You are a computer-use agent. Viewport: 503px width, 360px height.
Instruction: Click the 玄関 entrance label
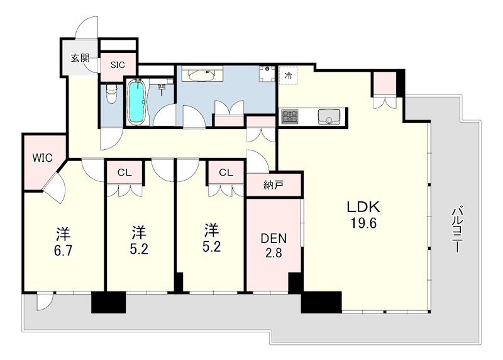click(x=80, y=59)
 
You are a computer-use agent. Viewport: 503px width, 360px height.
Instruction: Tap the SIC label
click(x=118, y=65)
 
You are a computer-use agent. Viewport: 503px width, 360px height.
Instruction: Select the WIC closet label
click(x=42, y=158)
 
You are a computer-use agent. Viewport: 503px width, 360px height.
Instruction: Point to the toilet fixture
click(x=111, y=93)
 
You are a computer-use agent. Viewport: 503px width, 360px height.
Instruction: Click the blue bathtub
click(x=136, y=102)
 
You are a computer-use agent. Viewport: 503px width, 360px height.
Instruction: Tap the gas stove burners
click(x=290, y=116)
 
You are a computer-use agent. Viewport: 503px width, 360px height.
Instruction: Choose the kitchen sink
click(x=329, y=116)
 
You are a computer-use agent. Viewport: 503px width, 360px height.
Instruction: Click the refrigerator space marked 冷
click(x=288, y=76)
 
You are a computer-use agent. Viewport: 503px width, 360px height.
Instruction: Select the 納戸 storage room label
click(x=274, y=185)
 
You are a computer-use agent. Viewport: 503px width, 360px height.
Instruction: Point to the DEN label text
click(x=274, y=239)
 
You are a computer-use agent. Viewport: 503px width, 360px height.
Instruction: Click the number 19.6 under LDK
click(x=363, y=223)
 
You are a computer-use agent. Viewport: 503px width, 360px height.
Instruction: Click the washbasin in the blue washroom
click(x=201, y=74)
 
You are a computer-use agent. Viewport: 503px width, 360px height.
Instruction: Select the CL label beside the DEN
click(x=226, y=173)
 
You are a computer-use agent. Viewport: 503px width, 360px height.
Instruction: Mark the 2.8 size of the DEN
click(x=274, y=253)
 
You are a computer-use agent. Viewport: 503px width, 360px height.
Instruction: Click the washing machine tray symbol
click(x=267, y=74)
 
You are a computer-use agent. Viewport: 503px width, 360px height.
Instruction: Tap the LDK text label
click(x=363, y=207)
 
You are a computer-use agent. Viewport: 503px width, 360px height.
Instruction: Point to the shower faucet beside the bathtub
click(x=162, y=88)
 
